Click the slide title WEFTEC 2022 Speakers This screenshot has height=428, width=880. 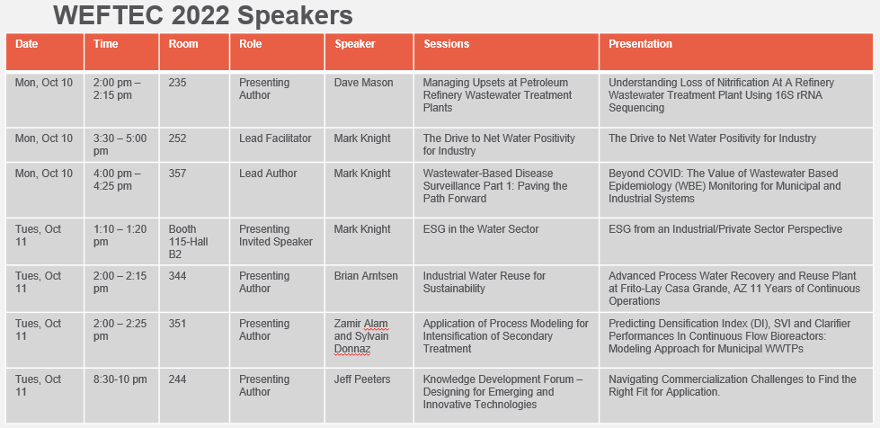pos(204,15)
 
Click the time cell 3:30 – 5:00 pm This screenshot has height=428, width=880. pos(120,145)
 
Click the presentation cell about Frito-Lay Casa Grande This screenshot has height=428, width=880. pos(734,288)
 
